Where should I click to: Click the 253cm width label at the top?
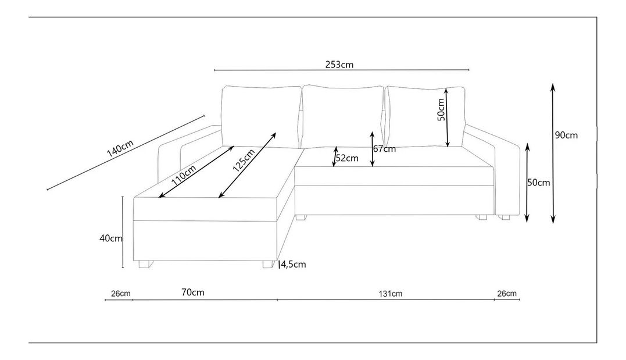339,65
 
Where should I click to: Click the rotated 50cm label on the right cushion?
440,109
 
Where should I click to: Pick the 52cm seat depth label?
347,158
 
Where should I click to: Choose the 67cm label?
384,148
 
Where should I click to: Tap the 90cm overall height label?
566,135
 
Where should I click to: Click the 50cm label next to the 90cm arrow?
538,182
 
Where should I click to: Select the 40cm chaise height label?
110,238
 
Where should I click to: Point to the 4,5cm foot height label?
294,265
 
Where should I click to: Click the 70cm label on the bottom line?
193,292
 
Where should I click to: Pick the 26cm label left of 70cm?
121,293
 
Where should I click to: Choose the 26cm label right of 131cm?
507,293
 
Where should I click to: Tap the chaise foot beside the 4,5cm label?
267,264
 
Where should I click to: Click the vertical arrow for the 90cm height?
552,154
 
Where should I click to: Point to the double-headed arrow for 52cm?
334,156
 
